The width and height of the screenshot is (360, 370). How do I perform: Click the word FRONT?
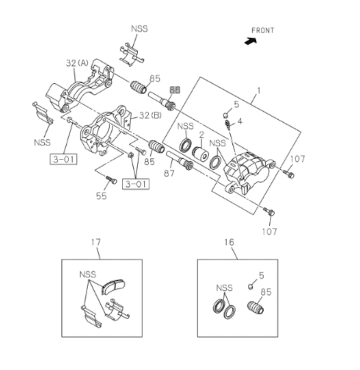(263, 30)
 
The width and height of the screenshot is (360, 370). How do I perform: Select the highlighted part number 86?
(175, 90)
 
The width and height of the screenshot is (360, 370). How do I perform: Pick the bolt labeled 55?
(111, 180)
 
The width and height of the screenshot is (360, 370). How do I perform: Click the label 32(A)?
(77, 63)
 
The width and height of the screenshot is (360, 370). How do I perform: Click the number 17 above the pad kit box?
(95, 242)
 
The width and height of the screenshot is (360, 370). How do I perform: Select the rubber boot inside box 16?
(255, 308)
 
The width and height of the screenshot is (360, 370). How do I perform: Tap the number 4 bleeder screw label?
(240, 121)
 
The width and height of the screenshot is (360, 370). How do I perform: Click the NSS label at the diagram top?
(139, 29)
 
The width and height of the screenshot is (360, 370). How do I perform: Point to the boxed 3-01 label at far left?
(63, 159)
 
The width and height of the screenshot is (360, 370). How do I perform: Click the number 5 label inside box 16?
(261, 275)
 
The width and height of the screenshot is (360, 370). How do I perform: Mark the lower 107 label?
(269, 231)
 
